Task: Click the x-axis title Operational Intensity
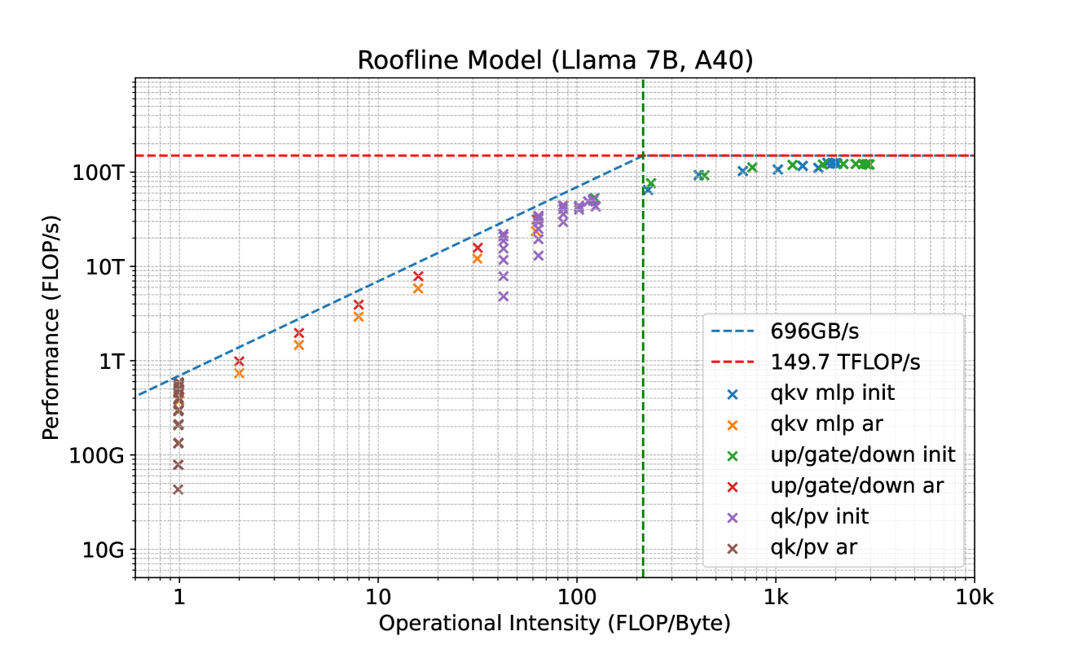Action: pyautogui.click(x=554, y=625)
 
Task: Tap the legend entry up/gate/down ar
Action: pyautogui.click(x=857, y=486)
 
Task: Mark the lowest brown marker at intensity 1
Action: pyautogui.click(x=178, y=489)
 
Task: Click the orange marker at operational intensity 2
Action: pyautogui.click(x=240, y=373)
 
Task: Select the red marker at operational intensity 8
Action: pyautogui.click(x=359, y=305)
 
